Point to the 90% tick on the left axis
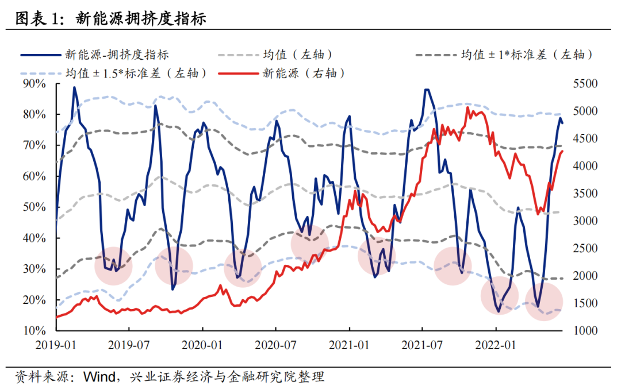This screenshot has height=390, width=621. (34, 84)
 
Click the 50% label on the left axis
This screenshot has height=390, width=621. (34, 207)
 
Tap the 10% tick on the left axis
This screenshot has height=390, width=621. (34, 331)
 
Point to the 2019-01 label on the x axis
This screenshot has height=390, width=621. (56, 345)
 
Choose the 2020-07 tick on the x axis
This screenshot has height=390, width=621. (275, 345)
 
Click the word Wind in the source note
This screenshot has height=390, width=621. (98, 377)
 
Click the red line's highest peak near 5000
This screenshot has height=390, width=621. (467, 107)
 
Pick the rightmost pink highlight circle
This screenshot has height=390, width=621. (543, 302)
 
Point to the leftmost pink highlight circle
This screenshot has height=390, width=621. (113, 265)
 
